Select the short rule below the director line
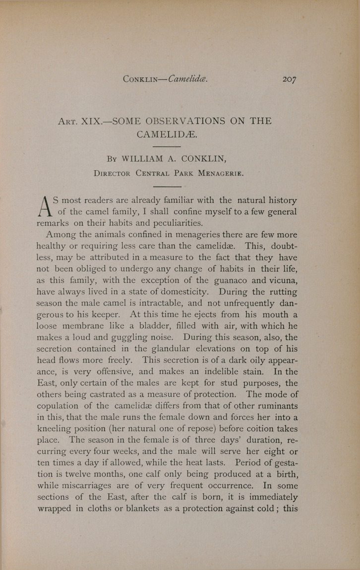168,186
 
